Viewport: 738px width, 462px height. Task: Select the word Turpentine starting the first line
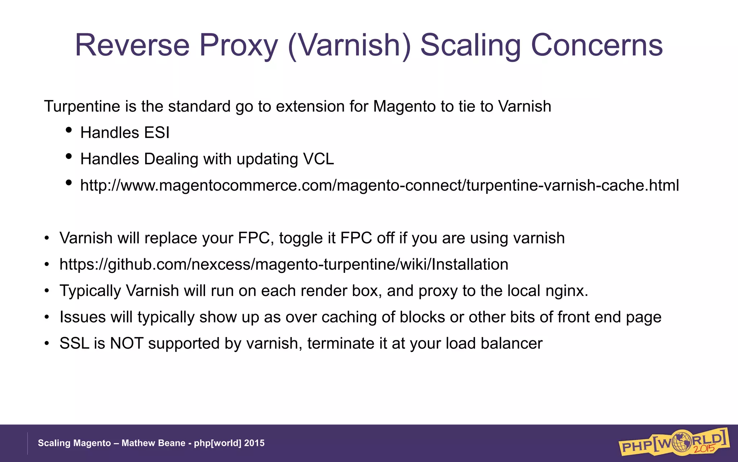coord(82,106)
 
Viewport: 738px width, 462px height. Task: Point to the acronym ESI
coord(157,133)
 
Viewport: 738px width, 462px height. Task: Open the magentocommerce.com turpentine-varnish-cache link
coord(379,186)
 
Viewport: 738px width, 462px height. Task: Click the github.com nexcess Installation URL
coord(284,265)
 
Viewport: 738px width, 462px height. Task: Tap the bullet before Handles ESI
coord(69,130)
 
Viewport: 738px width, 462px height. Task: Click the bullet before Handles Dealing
coord(69,156)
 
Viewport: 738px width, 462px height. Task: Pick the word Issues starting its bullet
coord(83,317)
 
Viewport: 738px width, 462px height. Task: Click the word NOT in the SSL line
coord(127,344)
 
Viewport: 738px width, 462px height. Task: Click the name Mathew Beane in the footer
coord(153,443)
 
